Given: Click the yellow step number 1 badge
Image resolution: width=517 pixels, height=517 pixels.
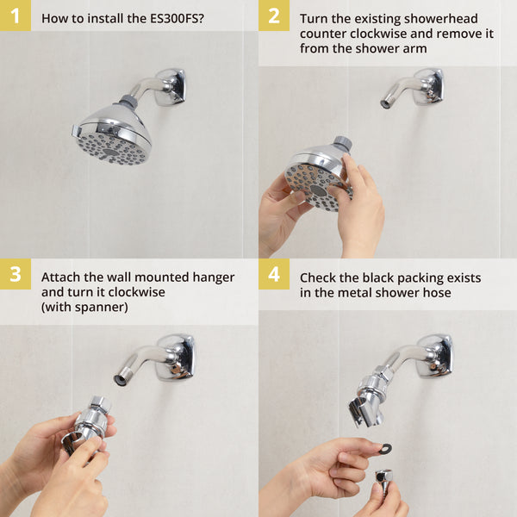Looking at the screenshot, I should (15, 16).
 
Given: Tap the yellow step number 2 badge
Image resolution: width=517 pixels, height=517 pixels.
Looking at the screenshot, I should (274, 16).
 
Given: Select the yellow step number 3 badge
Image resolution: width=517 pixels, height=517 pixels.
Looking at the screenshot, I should (15, 274).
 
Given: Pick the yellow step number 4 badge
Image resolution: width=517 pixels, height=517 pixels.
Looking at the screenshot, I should (274, 274).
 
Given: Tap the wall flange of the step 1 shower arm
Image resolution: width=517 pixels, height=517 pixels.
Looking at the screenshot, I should (171, 87).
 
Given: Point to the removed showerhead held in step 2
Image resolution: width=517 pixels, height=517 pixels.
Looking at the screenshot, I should (317, 181).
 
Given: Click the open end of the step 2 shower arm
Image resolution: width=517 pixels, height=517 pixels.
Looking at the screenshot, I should (385, 103).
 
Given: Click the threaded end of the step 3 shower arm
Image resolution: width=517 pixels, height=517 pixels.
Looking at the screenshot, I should (120, 379).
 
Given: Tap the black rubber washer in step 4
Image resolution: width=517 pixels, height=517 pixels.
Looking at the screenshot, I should (385, 449).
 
